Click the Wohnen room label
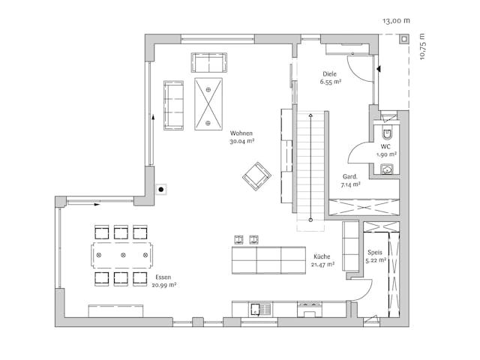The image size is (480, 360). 241,133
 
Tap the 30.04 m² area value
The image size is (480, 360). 241,141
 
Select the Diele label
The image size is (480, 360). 329,73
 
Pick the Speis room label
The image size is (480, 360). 375,253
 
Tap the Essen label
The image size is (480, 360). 163,277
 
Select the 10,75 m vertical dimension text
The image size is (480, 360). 422,46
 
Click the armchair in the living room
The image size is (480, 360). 256,176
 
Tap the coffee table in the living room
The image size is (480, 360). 208,103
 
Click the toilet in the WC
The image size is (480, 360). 388,134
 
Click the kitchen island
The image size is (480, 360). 268,260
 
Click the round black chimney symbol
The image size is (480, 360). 160,189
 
